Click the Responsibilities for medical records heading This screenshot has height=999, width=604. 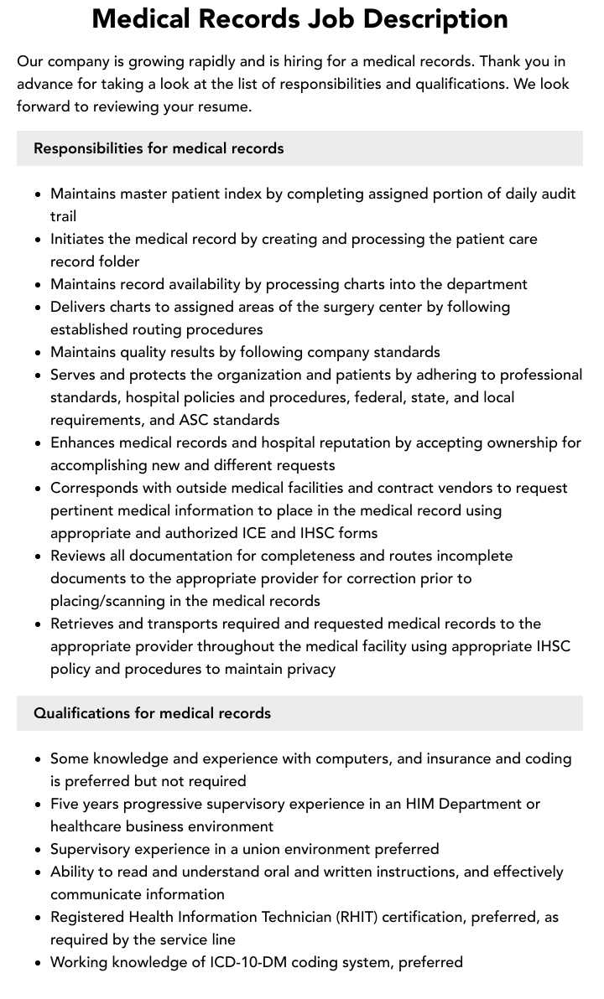(159, 148)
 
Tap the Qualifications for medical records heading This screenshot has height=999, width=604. (152, 713)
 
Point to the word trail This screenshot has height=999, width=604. (63, 216)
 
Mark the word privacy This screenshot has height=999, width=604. (309, 669)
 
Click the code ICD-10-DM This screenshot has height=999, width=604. (250, 962)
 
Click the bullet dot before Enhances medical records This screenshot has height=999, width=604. (38, 443)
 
